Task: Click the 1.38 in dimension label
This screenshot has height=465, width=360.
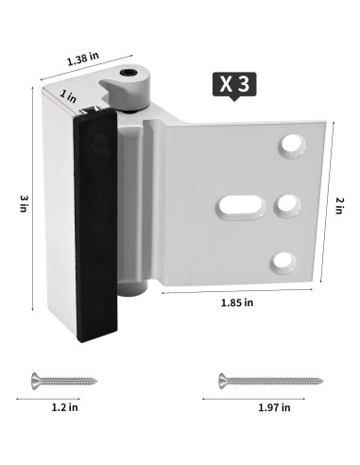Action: [83, 59]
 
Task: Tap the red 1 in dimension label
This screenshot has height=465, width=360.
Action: [68, 95]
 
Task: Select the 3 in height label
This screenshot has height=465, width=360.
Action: [25, 203]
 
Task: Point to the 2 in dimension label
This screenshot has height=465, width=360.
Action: [339, 205]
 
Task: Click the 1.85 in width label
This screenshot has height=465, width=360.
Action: [237, 302]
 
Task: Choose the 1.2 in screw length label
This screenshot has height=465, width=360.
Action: [64, 407]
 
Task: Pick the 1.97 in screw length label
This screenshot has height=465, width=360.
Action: [274, 407]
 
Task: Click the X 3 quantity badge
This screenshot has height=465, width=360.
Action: [234, 84]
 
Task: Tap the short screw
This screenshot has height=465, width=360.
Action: [64, 381]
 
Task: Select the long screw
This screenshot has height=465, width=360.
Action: [271, 381]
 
